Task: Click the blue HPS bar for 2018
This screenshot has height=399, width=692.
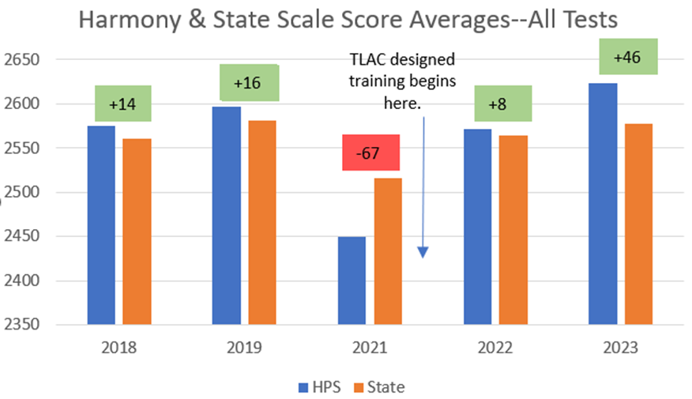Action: (x=101, y=225)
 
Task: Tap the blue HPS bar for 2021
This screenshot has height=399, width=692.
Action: (x=352, y=280)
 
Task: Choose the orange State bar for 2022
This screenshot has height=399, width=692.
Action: (x=513, y=230)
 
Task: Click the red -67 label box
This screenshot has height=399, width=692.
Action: (x=370, y=152)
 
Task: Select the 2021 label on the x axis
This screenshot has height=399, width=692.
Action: (x=370, y=348)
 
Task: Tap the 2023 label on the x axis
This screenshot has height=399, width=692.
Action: (x=621, y=348)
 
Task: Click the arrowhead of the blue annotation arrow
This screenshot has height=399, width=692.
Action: (x=423, y=252)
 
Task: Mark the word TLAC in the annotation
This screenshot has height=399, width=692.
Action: (x=367, y=60)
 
